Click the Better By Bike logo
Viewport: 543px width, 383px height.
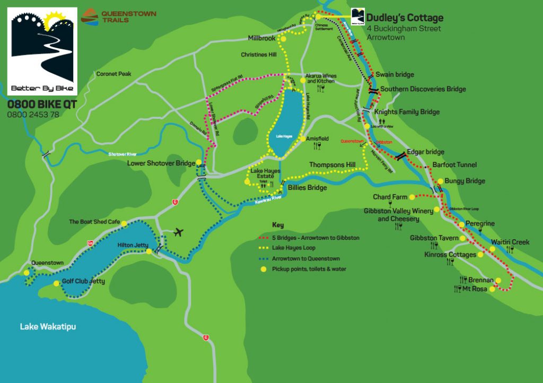(x=42, y=50)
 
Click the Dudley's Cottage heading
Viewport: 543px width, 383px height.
(x=405, y=18)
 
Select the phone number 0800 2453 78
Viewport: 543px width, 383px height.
(x=33, y=114)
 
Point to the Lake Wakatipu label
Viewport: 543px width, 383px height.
(x=48, y=326)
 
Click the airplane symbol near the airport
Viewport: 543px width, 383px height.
(x=179, y=232)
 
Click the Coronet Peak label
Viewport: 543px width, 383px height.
(x=113, y=74)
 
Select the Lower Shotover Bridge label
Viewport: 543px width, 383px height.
(x=161, y=163)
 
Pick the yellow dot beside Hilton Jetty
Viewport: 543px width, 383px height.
(x=150, y=251)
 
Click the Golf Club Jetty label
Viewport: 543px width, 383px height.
(x=83, y=281)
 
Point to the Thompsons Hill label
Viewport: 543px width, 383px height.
(x=332, y=165)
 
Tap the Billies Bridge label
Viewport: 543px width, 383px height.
(x=307, y=187)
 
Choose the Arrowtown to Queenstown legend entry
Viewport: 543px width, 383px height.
(x=305, y=259)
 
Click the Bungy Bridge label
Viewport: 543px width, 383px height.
(x=465, y=181)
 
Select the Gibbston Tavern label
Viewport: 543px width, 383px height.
(x=434, y=238)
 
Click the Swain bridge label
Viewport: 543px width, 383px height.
(x=395, y=75)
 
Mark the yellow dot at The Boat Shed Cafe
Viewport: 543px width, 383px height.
(x=124, y=223)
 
